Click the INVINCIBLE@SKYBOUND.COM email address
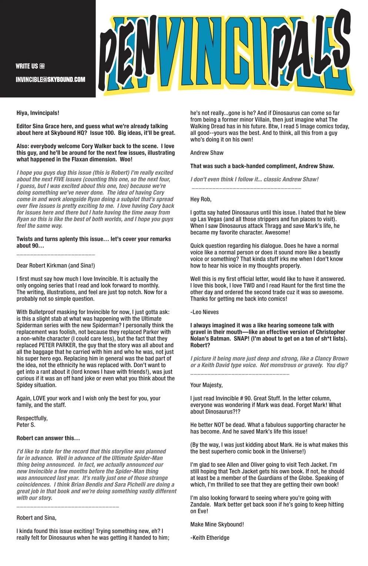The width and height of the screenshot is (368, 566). click(50, 79)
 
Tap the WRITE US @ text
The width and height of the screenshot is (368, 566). click(30, 66)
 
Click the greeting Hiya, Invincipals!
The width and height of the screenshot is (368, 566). click(38, 113)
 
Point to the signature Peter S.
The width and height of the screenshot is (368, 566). click(26, 425)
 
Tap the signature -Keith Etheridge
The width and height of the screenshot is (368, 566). click(210, 537)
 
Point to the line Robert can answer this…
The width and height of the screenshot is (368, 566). click(48, 438)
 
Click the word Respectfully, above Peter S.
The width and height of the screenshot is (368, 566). click(32, 418)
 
